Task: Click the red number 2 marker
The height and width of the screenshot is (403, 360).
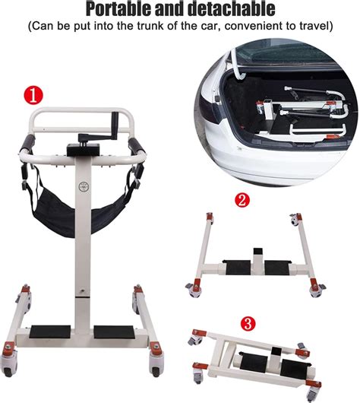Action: coord(242,201)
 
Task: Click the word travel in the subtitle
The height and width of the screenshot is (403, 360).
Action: coord(314,27)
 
